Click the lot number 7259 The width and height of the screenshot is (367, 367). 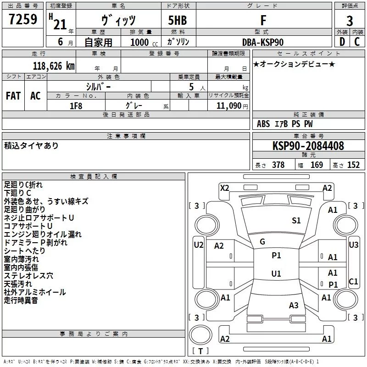[x=23, y=19]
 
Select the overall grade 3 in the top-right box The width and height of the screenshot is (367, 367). [x=350, y=21]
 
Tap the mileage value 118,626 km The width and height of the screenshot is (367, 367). [x=54, y=66]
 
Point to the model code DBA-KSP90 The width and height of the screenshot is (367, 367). [x=263, y=42]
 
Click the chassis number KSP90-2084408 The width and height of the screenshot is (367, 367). [x=308, y=146]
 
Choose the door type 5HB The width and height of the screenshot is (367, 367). [x=178, y=20]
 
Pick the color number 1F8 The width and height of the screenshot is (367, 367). [x=76, y=106]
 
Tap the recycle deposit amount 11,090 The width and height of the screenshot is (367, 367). [x=229, y=106]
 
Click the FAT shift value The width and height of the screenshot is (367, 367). [x=13, y=96]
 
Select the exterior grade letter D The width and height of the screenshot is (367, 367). [x=342, y=42]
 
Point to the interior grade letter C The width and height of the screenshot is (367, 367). [x=357, y=42]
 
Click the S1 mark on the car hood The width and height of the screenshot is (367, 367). [x=296, y=221]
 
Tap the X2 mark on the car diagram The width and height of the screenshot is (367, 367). [x=225, y=188]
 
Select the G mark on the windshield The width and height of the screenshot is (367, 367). [x=262, y=242]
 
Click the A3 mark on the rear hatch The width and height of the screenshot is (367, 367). [x=294, y=305]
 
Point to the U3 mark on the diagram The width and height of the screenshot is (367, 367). [x=353, y=245]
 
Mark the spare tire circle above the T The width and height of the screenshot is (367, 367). [x=200, y=335]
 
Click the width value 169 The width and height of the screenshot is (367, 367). [x=317, y=165]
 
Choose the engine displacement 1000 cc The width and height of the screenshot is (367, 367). [x=144, y=42]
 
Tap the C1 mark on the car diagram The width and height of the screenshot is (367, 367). [x=353, y=281]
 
